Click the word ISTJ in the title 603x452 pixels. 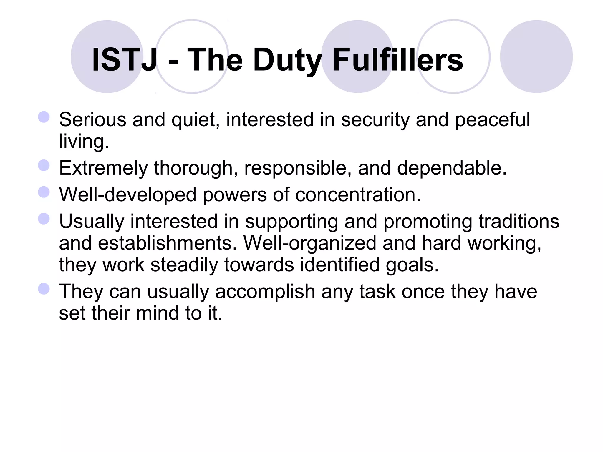124,60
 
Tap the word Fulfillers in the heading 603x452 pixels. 398,60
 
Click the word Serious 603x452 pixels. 92,120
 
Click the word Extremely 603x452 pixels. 103,168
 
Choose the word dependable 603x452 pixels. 451,168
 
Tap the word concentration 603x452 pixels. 358,195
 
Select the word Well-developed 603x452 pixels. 127,195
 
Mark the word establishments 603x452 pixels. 167,243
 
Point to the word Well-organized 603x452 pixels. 310,243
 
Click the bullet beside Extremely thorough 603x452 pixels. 44,165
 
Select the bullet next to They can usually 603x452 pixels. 44,289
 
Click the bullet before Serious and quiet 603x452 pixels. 44,117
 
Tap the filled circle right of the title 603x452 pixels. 536,56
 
